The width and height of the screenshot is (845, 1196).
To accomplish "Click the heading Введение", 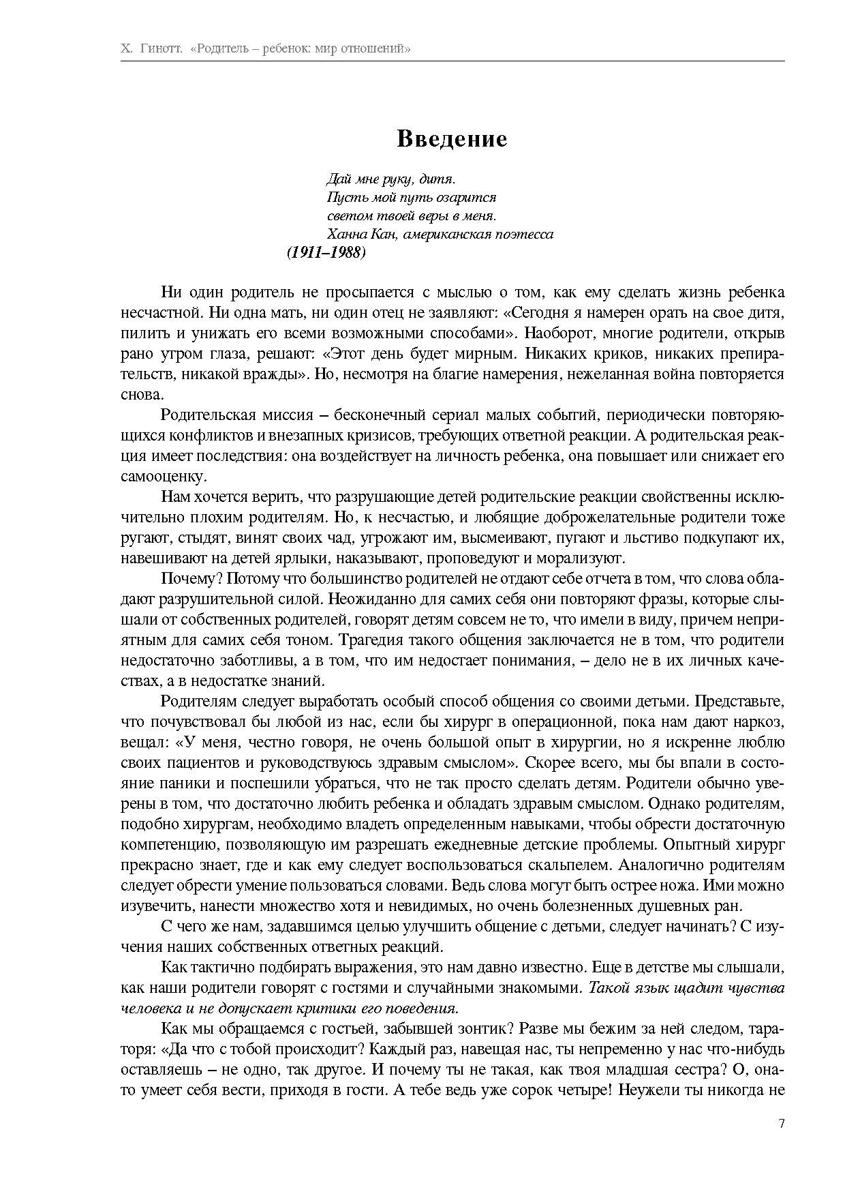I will (452, 139).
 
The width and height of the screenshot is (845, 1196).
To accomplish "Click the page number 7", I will (781, 1124).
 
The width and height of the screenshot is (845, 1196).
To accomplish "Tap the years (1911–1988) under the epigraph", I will (326, 252).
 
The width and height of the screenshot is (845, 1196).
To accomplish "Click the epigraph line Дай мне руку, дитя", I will (390, 179).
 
